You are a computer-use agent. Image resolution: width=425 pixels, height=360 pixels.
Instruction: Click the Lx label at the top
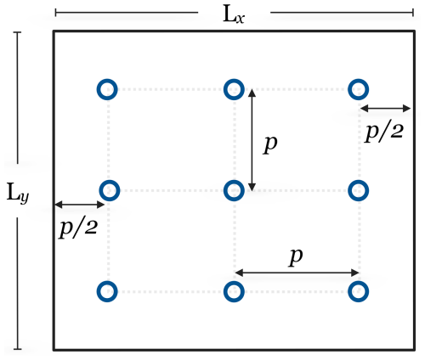point(234,14)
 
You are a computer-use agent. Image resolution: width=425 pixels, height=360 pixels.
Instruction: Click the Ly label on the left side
point(18,193)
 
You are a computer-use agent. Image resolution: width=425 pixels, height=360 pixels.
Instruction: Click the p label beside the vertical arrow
point(270,144)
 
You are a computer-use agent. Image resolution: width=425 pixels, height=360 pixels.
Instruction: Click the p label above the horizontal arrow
point(296,257)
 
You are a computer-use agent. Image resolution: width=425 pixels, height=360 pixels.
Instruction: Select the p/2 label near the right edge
point(383,132)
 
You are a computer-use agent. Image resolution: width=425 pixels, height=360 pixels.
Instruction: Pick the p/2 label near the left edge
point(78,228)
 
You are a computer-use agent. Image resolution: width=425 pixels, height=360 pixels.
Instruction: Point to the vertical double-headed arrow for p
point(252,140)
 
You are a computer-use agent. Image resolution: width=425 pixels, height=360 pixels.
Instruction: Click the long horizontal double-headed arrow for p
point(297,273)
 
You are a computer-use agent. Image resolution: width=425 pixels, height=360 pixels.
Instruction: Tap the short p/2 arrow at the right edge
point(385,108)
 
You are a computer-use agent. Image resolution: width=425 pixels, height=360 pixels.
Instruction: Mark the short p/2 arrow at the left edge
point(80,205)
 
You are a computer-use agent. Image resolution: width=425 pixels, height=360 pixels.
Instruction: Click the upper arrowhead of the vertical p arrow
point(252,93)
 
